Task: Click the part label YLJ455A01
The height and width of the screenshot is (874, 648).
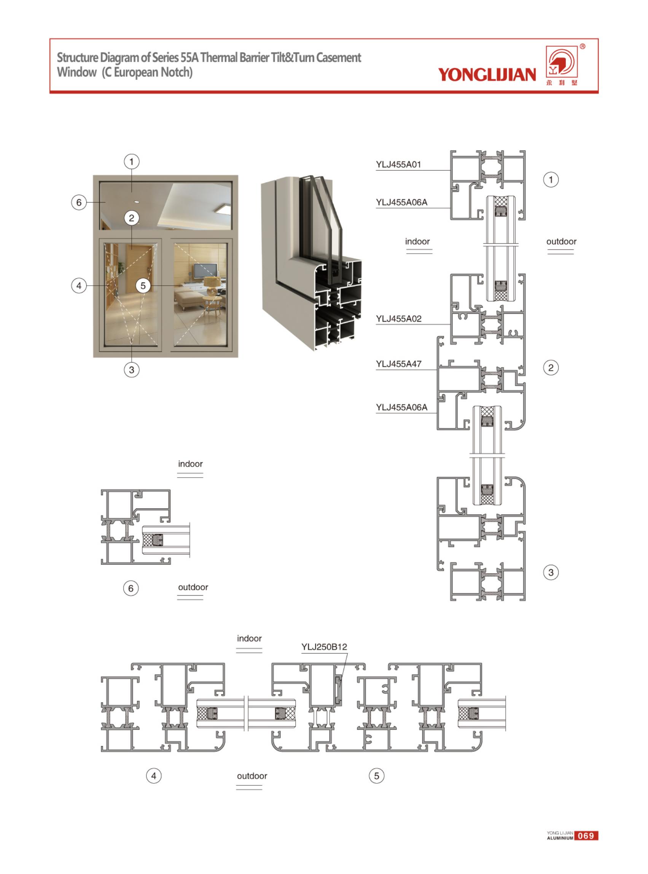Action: tap(398, 165)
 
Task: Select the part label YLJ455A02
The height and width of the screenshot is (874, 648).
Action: tap(398, 319)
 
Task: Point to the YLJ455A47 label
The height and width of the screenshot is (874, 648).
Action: tap(398, 364)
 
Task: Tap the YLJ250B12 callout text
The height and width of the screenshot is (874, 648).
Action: tap(324, 647)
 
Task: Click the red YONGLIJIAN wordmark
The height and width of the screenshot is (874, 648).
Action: tap(487, 75)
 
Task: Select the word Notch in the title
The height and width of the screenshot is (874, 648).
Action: tap(176, 72)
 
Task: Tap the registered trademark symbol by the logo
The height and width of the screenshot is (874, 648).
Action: tap(582, 47)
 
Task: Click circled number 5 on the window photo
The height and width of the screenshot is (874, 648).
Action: tap(143, 286)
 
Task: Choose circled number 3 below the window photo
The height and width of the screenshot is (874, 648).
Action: tap(131, 369)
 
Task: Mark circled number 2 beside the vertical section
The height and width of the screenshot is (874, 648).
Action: tap(551, 368)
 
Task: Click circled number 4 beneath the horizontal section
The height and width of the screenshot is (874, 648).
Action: tap(154, 776)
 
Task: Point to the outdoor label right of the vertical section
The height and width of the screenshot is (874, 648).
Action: tap(561, 241)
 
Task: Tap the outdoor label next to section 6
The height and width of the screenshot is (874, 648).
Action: tap(193, 587)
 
